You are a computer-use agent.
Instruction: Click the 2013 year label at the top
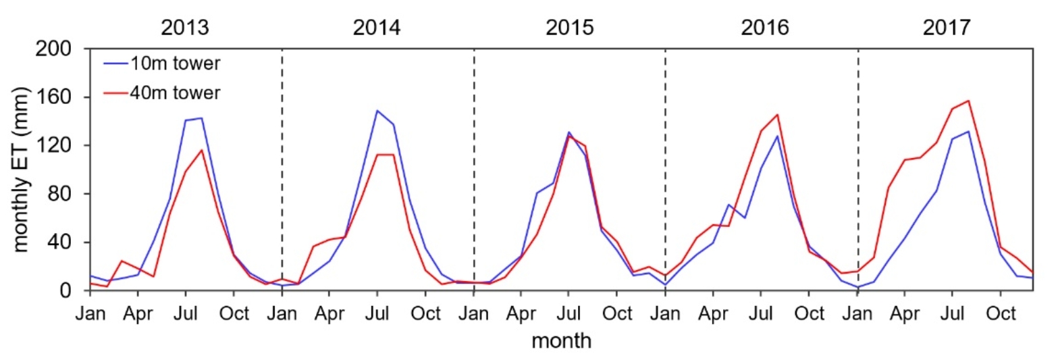coord(184,28)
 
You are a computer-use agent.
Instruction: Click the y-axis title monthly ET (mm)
coord(22,170)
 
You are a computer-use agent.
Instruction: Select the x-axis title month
coord(561,341)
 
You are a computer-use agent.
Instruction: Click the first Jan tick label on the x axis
coord(90,314)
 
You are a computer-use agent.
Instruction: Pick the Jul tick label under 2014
coord(377,314)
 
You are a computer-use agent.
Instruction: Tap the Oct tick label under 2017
coord(1001,314)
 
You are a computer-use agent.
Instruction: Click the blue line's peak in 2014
coord(377,111)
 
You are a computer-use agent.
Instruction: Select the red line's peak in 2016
coord(778,114)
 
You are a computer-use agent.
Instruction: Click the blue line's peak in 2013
coord(201,118)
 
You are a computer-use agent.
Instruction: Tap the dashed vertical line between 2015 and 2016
coord(666,169)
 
